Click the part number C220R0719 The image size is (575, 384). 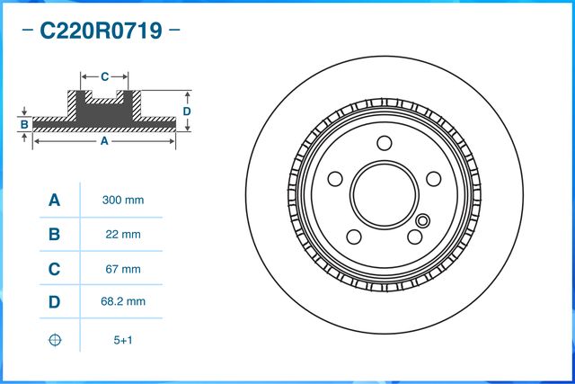click(x=100, y=32)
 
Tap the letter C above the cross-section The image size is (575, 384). click(x=104, y=76)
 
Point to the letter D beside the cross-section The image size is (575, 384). click(x=187, y=111)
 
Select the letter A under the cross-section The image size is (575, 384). click(x=104, y=141)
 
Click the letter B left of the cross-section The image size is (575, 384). click(x=25, y=123)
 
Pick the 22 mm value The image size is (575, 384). click(x=123, y=235)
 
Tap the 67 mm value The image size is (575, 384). click(x=123, y=269)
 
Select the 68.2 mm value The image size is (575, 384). click(x=123, y=303)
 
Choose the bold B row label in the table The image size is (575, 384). click(x=54, y=235)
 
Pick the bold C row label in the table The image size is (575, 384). click(x=54, y=269)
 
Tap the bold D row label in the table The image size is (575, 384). click(x=54, y=303)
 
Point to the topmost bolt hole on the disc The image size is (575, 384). click(x=385, y=143)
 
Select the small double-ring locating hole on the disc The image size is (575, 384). click(x=423, y=221)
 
